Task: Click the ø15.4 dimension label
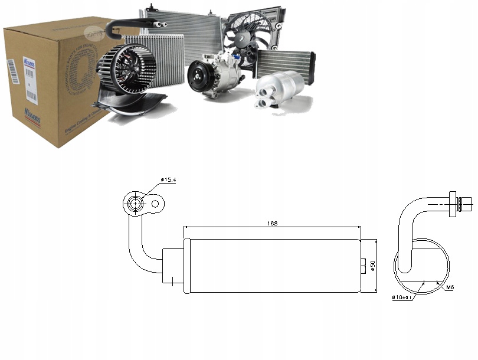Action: [x=169, y=179]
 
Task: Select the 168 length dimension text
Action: [x=272, y=224]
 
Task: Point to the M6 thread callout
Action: [x=450, y=287]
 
